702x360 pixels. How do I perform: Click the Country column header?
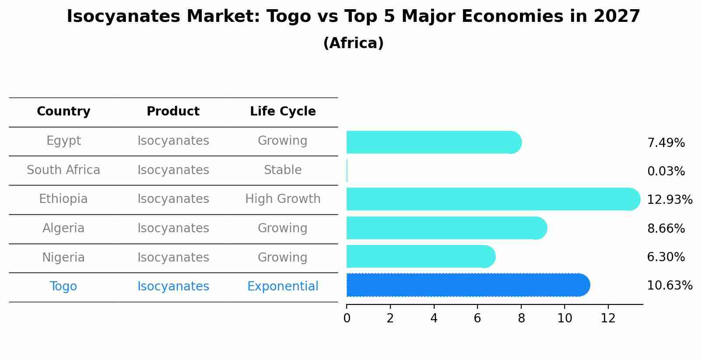[63, 112]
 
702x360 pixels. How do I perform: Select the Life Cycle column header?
[283, 112]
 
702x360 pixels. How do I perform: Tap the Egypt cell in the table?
[63, 141]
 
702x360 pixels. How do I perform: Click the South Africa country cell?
[63, 170]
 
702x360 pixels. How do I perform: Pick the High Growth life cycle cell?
[283, 199]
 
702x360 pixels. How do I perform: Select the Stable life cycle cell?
[283, 170]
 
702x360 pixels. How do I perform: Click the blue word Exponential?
[283, 287]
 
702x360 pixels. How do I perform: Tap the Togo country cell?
[63, 287]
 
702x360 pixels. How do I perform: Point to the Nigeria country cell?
[63, 258]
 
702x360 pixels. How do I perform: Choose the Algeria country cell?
[63, 228]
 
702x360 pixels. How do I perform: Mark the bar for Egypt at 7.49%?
[433, 142]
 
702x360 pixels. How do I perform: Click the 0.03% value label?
[666, 171]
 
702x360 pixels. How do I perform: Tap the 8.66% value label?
[666, 229]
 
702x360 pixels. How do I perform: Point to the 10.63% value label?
[669, 286]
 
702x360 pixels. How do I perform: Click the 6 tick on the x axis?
[477, 318]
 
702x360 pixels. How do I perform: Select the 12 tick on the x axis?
[608, 318]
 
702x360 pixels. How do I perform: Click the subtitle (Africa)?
[353, 43]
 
